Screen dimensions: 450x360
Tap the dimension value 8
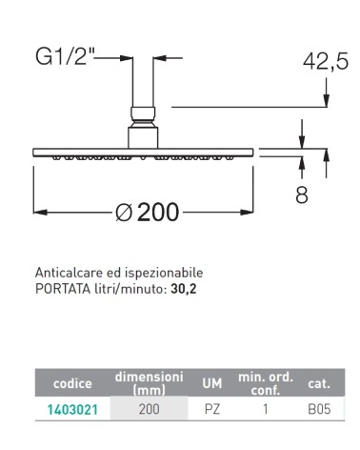click(303, 194)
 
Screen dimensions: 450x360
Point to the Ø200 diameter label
click(147, 212)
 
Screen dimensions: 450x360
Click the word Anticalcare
click(67, 272)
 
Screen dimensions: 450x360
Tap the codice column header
click(72, 383)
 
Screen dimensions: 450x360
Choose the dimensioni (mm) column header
click(149, 383)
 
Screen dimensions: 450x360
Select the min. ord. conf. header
click(265, 383)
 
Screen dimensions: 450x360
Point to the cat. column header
click(318, 383)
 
